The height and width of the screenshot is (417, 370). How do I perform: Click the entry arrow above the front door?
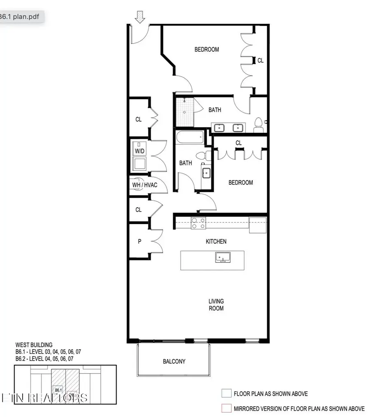pyautogui.click(x=141, y=17)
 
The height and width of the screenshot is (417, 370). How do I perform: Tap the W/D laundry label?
pyautogui.click(x=140, y=151)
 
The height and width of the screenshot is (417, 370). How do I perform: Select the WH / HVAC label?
pyautogui.click(x=144, y=185)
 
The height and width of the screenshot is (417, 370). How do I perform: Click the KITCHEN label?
pyautogui.click(x=216, y=241)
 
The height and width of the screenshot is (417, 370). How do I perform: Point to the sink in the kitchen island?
pyautogui.click(x=223, y=258)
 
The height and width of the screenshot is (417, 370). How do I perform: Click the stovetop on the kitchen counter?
pyautogui.click(x=199, y=223)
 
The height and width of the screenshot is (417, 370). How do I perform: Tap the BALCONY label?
pyautogui.click(x=174, y=361)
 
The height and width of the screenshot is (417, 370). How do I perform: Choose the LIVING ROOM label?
pyautogui.click(x=216, y=305)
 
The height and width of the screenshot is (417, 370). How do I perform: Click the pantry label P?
pyautogui.click(x=139, y=241)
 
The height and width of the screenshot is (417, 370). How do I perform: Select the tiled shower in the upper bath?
pyautogui.click(x=185, y=111)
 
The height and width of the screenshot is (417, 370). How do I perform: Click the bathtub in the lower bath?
pyautogui.click(x=190, y=137)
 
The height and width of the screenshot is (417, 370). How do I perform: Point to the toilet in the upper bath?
pyautogui.click(x=259, y=124)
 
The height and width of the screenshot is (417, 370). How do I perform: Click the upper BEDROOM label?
pyautogui.click(x=206, y=49)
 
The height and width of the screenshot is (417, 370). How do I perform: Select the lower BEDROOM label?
pyautogui.click(x=240, y=182)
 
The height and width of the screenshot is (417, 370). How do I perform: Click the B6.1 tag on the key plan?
pyautogui.click(x=58, y=390)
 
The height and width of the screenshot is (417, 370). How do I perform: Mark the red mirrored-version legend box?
pyautogui.click(x=225, y=408)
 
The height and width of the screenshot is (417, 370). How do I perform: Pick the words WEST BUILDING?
pyautogui.click(x=34, y=345)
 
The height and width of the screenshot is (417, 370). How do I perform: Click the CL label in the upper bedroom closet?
pyautogui.click(x=260, y=60)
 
